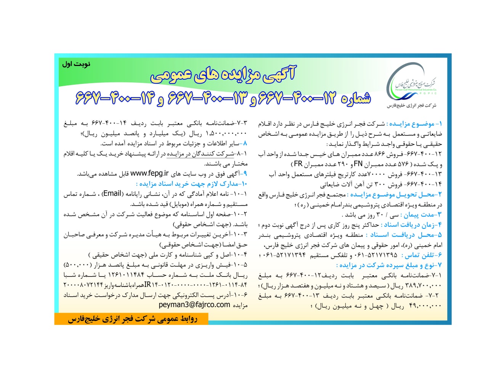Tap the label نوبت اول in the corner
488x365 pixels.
76,64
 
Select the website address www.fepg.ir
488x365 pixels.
149,174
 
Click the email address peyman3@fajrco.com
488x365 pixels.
194,305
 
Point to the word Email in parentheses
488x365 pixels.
112,193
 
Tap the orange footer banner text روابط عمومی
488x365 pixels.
132,319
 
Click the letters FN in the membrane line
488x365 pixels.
358,164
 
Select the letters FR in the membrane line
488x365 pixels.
298,164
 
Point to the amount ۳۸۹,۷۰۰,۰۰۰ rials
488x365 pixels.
425,285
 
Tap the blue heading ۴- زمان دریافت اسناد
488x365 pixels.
413,225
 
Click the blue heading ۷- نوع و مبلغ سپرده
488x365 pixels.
389,265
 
